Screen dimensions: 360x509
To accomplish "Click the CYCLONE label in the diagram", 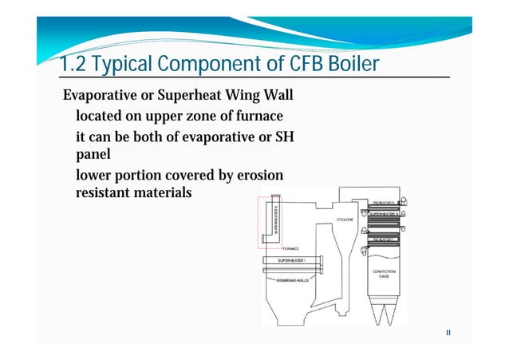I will point(345,219).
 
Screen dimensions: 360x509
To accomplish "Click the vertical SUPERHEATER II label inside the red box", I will point(275,219).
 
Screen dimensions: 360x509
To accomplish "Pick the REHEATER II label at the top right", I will point(386,203).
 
